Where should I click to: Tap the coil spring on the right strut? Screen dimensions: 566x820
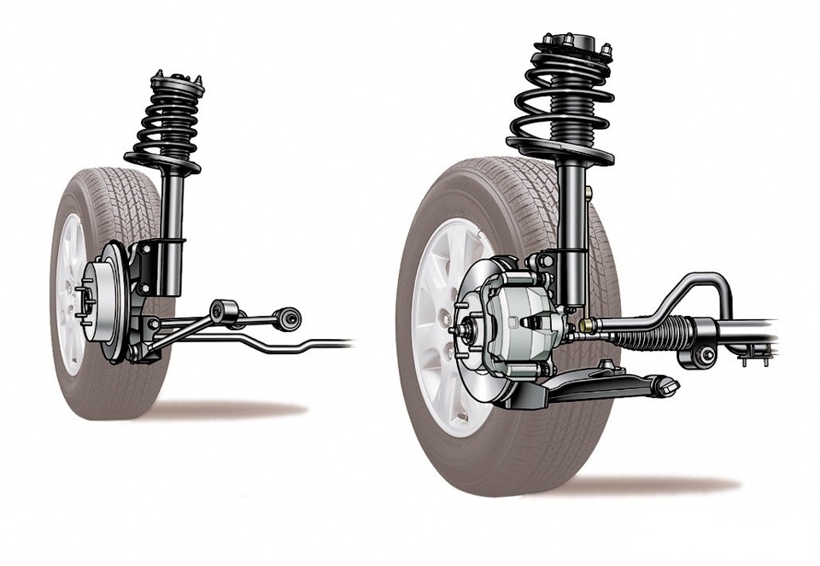click(559, 98)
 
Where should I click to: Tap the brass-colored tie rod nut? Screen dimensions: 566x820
click(588, 324)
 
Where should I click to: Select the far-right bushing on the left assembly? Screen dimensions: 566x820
click(290, 318)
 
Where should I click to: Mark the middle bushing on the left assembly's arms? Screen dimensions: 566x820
click(225, 311)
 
